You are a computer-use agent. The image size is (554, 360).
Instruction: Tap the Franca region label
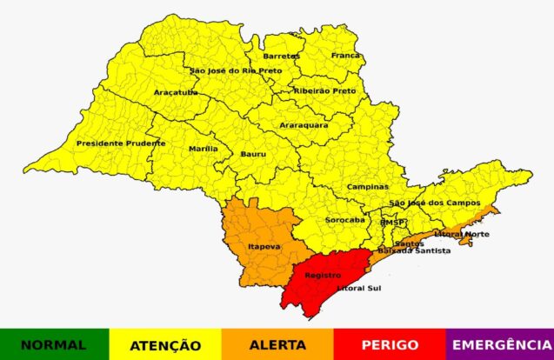coord(344,56)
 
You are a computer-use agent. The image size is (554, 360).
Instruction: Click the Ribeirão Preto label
coord(325,90)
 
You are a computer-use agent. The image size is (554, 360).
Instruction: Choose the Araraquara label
coord(304,125)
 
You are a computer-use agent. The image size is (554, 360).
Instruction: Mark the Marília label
coord(204,149)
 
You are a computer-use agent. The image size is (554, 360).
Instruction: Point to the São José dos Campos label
coord(434,203)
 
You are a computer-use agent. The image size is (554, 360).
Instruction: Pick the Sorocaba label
coord(345,220)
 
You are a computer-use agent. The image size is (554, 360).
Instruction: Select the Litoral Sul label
coord(358,287)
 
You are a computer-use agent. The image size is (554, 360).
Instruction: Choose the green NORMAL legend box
coord(54,344)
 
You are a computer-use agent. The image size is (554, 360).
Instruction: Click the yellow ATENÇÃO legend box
coord(165,344)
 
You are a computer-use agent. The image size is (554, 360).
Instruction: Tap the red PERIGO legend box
coord(389,344)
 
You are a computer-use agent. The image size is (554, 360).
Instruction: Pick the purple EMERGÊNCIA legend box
coord(501,344)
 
